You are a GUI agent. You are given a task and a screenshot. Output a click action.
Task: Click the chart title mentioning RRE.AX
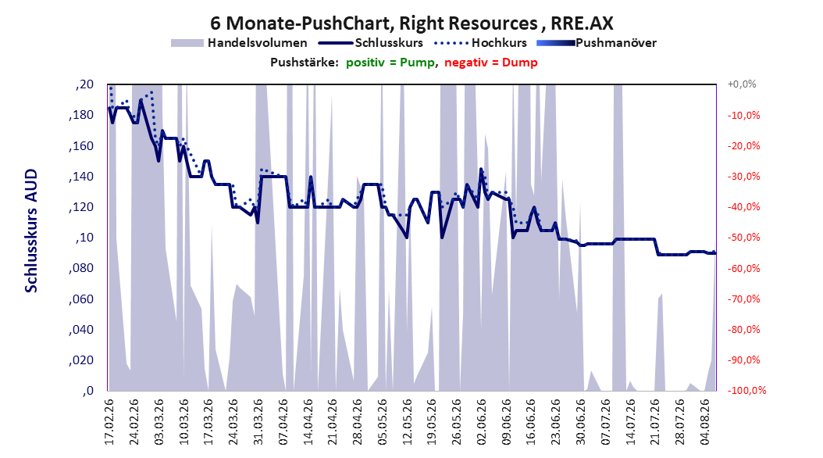[x=411, y=23]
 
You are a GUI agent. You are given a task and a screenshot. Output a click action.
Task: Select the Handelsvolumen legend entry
[x=240, y=43]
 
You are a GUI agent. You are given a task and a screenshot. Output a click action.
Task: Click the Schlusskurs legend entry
[x=371, y=43]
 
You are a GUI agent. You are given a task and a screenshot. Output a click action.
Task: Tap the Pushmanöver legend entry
[x=597, y=43]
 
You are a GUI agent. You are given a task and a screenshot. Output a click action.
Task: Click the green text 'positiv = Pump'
[x=390, y=63]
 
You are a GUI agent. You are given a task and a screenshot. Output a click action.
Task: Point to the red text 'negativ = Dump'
[x=491, y=63]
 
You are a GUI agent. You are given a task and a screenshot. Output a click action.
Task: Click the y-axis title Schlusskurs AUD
[x=31, y=231]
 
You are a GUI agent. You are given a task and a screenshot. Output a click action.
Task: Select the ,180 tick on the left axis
[x=81, y=115]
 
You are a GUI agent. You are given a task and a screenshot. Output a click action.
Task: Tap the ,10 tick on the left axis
[x=84, y=238]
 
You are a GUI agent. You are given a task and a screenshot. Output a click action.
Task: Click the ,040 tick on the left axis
[x=81, y=329]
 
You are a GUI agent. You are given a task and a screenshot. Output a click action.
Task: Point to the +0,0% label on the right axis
[x=742, y=84]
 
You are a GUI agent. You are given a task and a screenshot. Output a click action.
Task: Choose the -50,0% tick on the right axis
[x=743, y=238]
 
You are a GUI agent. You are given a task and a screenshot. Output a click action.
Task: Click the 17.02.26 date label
[x=109, y=422]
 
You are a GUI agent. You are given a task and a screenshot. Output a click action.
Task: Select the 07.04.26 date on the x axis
[x=283, y=422]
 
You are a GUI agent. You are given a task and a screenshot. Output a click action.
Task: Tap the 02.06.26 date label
[x=481, y=422]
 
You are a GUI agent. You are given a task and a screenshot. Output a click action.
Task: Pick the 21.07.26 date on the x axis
[x=655, y=422]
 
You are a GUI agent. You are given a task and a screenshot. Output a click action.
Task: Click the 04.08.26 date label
[x=705, y=422]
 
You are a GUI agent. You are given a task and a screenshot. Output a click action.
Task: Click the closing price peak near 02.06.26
[x=481, y=169]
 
